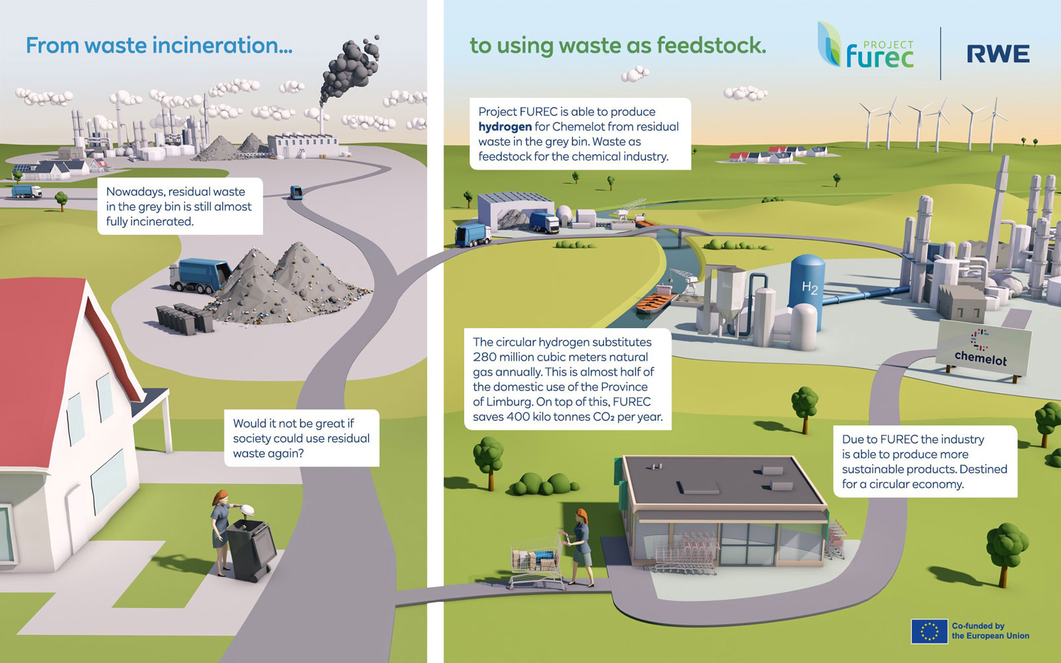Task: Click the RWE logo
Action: point(997,54)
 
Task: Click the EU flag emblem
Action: point(929,631)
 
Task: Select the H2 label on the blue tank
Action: point(810,287)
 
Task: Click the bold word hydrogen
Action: point(505,127)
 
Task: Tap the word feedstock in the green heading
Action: point(710,45)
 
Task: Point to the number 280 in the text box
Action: point(485,357)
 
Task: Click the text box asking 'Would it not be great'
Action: point(301,438)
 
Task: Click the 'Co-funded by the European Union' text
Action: point(990,631)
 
